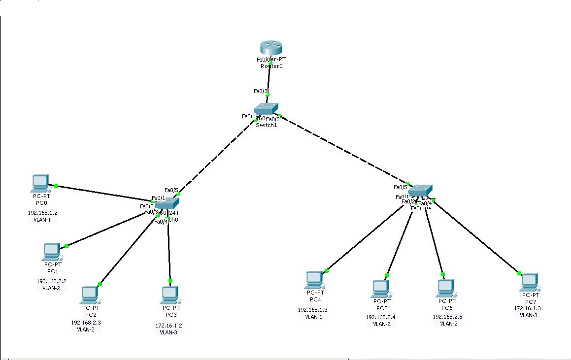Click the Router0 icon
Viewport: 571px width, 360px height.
coord(271,48)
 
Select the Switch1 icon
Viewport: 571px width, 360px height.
coord(266,109)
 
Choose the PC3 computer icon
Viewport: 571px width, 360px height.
coord(169,295)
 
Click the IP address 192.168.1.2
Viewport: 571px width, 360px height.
coord(42,213)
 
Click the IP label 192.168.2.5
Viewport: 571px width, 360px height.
coord(447,317)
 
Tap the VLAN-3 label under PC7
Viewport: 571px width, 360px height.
coord(529,315)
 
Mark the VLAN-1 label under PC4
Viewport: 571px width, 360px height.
coord(313,317)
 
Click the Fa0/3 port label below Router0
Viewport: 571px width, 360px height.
coord(261,91)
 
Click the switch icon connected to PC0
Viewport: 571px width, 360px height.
coord(167,202)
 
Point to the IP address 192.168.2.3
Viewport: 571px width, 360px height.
coord(86,323)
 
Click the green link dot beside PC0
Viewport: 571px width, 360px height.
coord(56,186)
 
